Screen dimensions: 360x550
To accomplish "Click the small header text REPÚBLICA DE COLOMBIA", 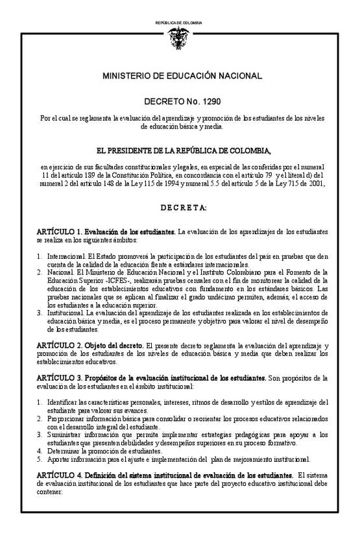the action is (179, 23).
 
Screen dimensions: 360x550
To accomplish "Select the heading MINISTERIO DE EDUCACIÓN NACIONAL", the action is (182, 77).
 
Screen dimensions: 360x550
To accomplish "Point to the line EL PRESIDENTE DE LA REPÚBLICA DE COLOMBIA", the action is (182, 152).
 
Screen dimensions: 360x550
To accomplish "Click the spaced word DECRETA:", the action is (182, 208).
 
